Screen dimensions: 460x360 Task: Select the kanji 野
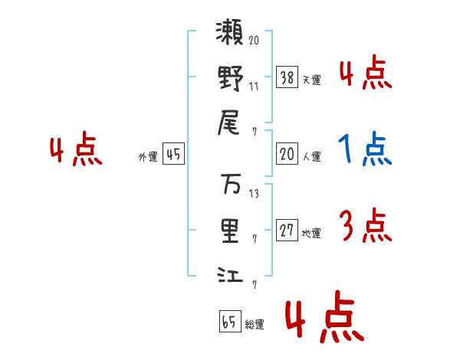pyautogui.click(x=230, y=79)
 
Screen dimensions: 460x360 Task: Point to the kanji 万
pyautogui.click(x=230, y=185)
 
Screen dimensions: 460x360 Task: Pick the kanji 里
pyautogui.click(x=230, y=230)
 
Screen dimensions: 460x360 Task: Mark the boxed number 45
pyautogui.click(x=173, y=155)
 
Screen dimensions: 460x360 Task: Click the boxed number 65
pyautogui.click(x=229, y=322)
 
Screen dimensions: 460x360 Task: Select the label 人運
pyautogui.click(x=311, y=157)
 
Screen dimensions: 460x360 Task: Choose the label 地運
pyautogui.click(x=311, y=234)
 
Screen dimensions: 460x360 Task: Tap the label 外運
pyautogui.click(x=147, y=157)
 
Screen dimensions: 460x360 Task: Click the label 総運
pyautogui.click(x=254, y=325)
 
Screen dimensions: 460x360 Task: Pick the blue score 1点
pyautogui.click(x=365, y=149)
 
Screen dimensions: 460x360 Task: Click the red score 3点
pyautogui.click(x=365, y=226)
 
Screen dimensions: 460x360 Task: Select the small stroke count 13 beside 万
pyautogui.click(x=254, y=194)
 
